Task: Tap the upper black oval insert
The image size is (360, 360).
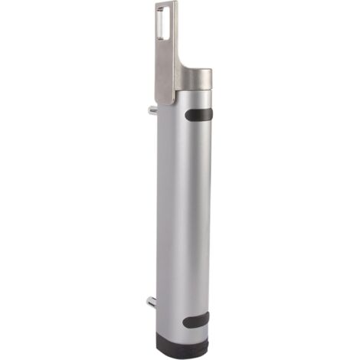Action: pos(200,116)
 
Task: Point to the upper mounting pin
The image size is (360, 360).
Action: pos(153,111)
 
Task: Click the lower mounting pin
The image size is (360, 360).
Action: pos(152,299)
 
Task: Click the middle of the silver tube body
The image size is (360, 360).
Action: pos(184,214)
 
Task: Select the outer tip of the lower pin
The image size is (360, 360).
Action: pos(148,299)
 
